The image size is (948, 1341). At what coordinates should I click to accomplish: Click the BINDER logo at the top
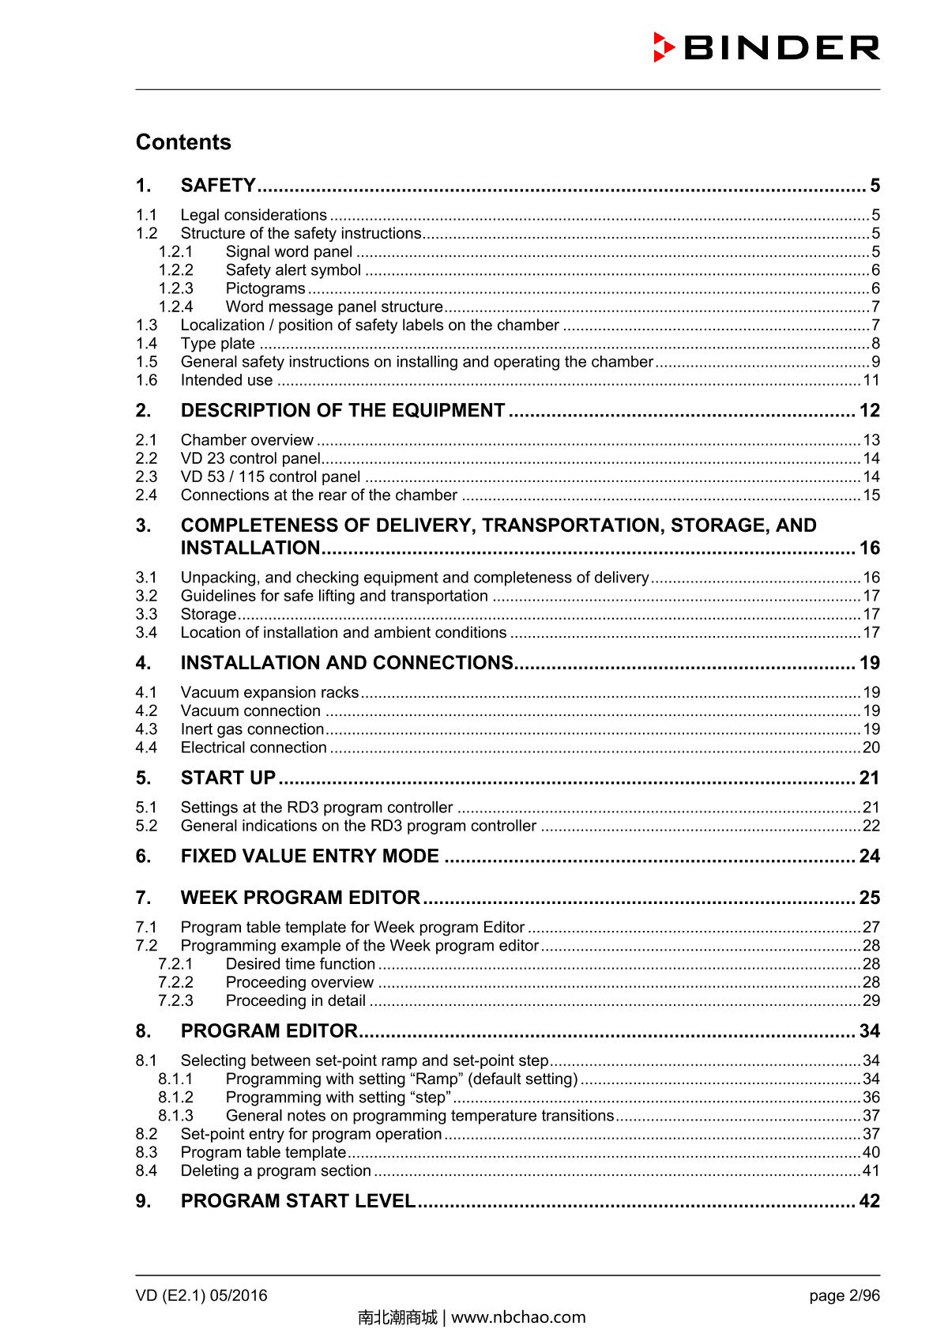tap(766, 48)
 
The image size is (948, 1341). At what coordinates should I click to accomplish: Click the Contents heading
tap(183, 142)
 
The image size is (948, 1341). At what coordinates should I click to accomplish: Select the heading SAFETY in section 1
tap(218, 186)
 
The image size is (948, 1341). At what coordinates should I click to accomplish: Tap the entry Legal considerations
tap(254, 215)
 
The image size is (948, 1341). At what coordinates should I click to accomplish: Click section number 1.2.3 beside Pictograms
tap(175, 288)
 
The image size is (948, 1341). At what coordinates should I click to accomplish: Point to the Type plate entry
tap(217, 344)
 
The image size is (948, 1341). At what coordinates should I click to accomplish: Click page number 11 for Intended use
tap(871, 380)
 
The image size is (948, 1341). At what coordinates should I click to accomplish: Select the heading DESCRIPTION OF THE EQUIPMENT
tap(343, 411)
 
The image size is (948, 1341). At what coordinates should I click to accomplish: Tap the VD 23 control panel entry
tap(250, 458)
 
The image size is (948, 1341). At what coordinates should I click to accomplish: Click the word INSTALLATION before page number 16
tap(250, 548)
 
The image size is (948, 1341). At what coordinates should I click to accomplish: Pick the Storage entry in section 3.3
tap(208, 614)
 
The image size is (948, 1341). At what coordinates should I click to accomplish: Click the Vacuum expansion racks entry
tap(269, 692)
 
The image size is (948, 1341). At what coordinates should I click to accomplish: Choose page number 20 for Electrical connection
tap(871, 748)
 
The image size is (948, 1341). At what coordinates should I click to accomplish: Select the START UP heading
tap(228, 778)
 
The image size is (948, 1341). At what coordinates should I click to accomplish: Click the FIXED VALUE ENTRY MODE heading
tap(310, 857)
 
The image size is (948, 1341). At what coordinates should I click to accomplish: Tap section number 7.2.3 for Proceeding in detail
tap(175, 1000)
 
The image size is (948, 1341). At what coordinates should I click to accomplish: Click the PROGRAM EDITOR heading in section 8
tap(269, 1031)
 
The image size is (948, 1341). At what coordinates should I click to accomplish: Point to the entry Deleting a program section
tap(276, 1171)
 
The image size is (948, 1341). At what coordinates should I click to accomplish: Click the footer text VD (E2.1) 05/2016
tap(201, 1295)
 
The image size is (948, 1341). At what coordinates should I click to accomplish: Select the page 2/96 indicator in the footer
tap(845, 1295)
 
